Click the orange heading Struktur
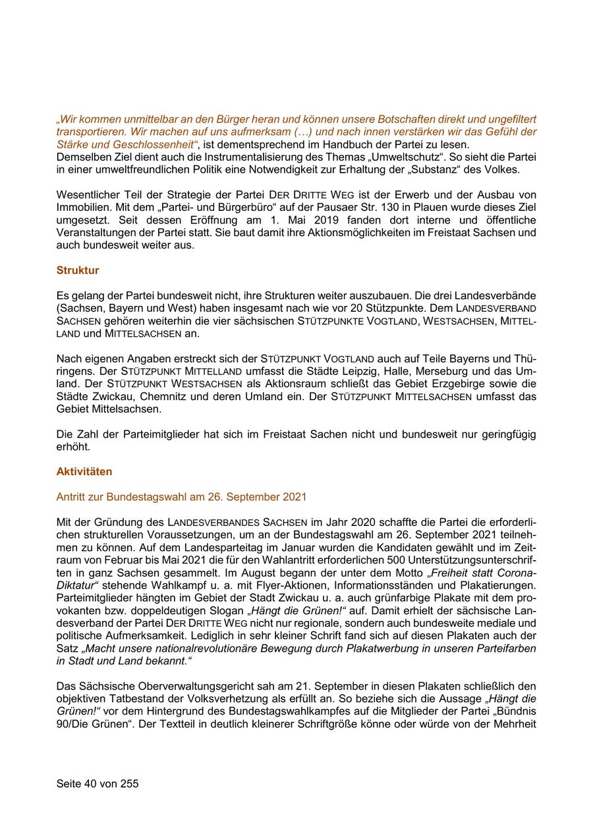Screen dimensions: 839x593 78,270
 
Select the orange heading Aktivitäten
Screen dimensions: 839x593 84,471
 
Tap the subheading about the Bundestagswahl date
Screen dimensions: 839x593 181,496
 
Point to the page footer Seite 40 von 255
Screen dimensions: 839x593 98,784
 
